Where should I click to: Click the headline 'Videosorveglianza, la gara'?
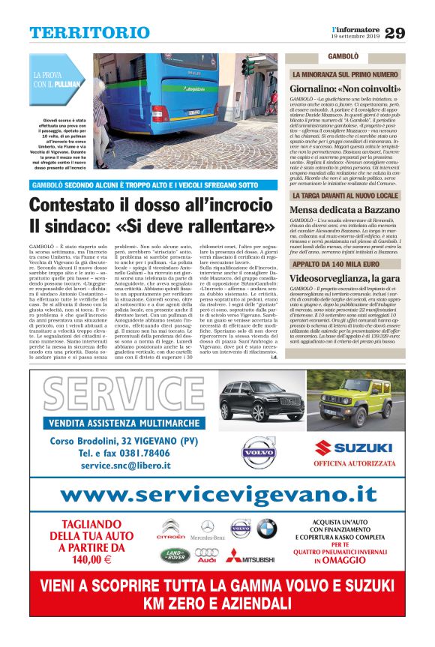[346, 277]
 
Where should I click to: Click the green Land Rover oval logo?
[173, 555]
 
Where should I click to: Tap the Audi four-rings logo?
[207, 555]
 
